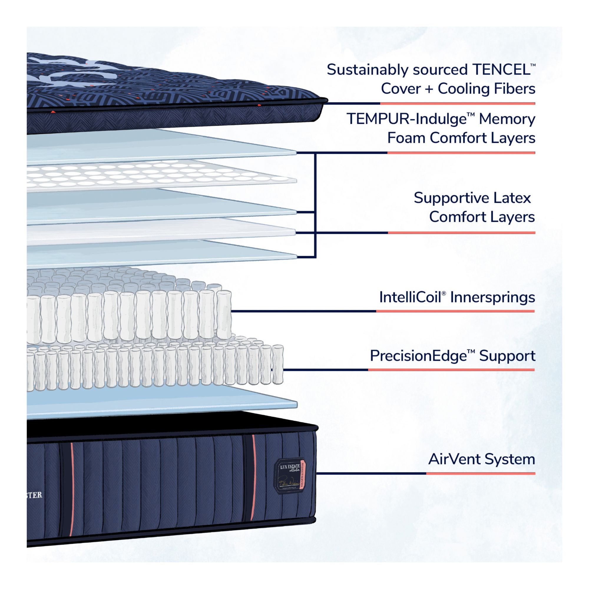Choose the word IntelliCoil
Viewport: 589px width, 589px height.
(410, 297)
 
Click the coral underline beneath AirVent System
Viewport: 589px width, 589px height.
(480, 474)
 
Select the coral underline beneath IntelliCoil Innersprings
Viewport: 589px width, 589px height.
(455, 311)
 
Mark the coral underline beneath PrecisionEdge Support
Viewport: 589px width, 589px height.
(451, 370)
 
